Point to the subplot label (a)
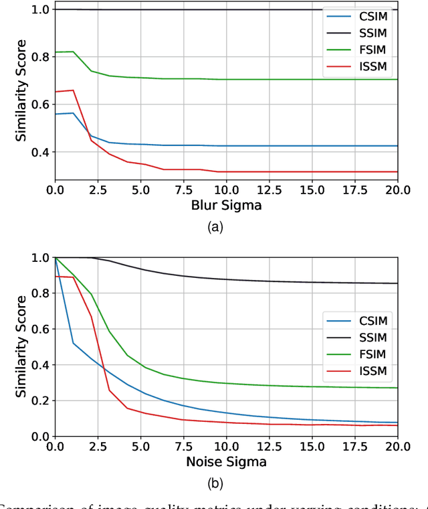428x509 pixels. point(215,228)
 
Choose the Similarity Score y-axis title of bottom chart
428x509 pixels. point(22,347)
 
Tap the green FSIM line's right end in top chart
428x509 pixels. point(397,79)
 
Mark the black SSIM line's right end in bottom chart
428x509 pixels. point(397,283)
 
